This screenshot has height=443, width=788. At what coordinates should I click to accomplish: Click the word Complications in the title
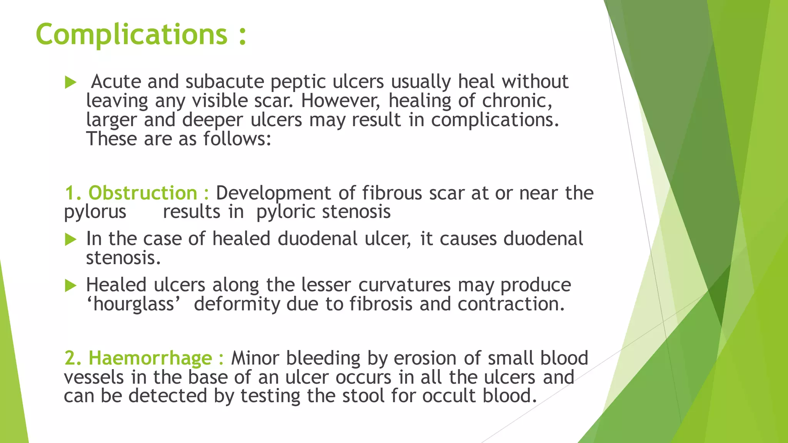[x=132, y=35]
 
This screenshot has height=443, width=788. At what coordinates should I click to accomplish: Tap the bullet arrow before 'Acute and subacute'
[x=70, y=82]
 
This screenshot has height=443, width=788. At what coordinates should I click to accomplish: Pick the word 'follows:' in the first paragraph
[x=237, y=139]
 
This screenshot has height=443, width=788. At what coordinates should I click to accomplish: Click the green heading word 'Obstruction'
[x=143, y=193]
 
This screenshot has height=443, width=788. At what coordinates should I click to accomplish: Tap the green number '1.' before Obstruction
[x=73, y=193]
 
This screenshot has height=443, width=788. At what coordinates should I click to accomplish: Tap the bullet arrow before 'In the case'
[x=70, y=239]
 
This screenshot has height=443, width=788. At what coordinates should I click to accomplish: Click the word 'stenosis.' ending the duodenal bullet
[x=123, y=258]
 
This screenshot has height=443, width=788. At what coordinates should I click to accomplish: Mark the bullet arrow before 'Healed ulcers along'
[x=70, y=285]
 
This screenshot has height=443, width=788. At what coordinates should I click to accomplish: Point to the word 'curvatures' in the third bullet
[x=404, y=285]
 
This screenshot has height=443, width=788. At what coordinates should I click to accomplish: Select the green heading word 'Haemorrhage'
[x=150, y=358]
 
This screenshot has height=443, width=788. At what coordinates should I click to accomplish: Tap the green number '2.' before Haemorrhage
[x=73, y=358]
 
